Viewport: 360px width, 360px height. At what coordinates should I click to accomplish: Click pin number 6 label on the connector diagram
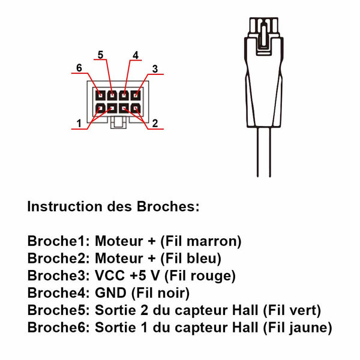pyautogui.click(x=79, y=67)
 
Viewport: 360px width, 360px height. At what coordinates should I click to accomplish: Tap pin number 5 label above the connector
pyautogui.click(x=100, y=55)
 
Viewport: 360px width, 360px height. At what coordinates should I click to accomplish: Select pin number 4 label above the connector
pyautogui.click(x=136, y=55)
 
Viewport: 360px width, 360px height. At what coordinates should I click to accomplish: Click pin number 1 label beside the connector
pyautogui.click(x=79, y=124)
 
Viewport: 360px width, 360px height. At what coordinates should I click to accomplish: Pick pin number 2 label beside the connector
pyautogui.click(x=155, y=124)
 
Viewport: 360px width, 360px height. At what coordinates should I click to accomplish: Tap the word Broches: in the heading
pyautogui.click(x=167, y=207)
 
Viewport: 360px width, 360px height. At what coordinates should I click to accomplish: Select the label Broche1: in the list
pyautogui.click(x=58, y=241)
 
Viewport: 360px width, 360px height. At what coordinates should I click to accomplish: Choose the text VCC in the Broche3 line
pyautogui.click(x=108, y=276)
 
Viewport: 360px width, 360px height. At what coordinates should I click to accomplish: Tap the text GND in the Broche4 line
pyautogui.click(x=109, y=293)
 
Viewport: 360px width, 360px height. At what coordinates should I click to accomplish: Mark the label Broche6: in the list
pyautogui.click(x=58, y=328)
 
